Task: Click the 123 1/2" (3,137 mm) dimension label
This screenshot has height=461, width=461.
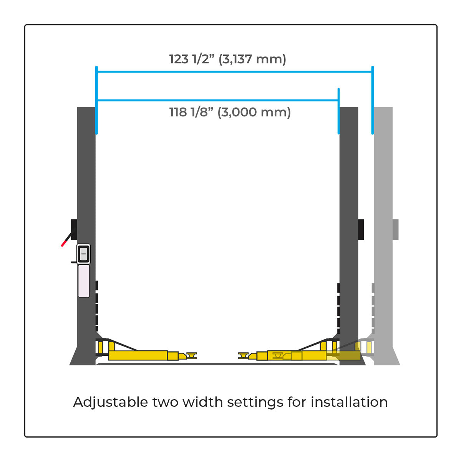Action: coord(227,59)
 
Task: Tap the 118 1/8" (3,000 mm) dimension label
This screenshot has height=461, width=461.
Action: coord(230,112)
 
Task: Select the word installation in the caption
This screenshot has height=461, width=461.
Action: coord(349,402)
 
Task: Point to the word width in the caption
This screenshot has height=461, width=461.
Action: coord(203,402)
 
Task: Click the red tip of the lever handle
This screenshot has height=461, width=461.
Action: coord(63,244)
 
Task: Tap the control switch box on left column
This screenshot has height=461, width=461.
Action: coord(83,254)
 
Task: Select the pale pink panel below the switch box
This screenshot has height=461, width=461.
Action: coord(84,281)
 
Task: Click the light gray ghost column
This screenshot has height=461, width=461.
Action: coord(383,235)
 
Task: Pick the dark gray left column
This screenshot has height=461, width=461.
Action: coord(86,235)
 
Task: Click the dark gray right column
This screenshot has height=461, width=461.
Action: coord(349,235)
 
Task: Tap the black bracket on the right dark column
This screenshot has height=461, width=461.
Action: coord(361,229)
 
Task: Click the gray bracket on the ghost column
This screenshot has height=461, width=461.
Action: coord(395,229)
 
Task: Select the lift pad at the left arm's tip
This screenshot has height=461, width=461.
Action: coord(191,355)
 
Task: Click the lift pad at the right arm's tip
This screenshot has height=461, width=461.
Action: coord(243,355)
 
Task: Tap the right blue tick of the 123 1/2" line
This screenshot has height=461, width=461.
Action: coord(373,100)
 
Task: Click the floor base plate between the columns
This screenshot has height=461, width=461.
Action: coord(217,364)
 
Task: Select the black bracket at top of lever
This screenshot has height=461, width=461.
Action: coord(74,229)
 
